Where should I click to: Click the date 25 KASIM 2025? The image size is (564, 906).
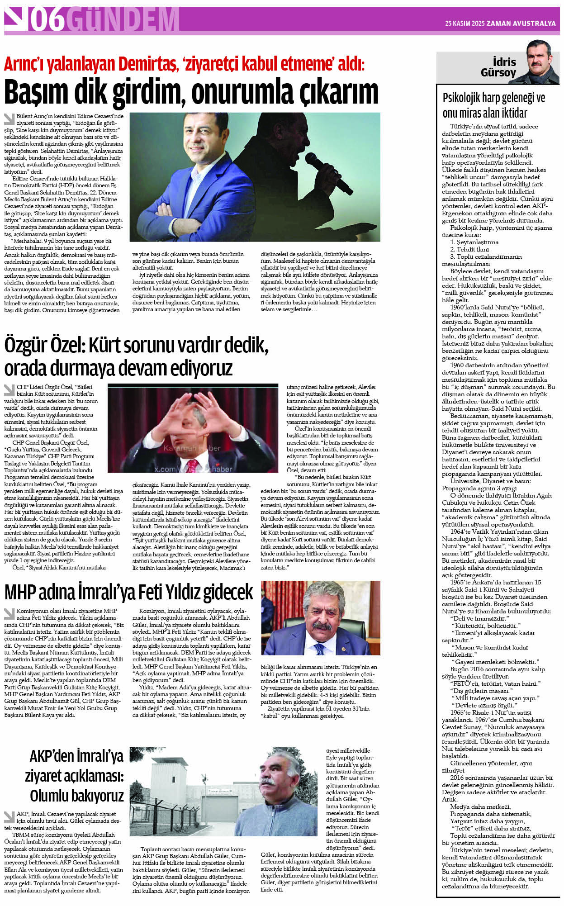464,24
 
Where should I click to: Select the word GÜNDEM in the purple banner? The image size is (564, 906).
125,20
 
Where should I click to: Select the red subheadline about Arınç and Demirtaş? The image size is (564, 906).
184,64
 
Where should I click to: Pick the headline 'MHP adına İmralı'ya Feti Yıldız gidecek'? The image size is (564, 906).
128,592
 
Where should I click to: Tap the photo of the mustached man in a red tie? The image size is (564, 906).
320,618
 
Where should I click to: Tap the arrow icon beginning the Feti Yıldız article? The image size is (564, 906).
9,613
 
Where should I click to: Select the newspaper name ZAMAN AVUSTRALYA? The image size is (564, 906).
521,24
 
